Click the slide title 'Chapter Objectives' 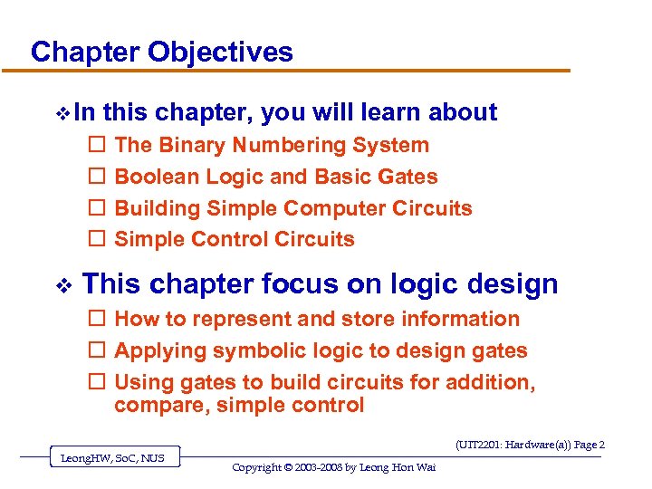coord(162,52)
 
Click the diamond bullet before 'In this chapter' coord(62,113)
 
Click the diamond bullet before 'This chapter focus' coord(62,285)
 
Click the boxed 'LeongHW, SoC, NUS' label coord(112,458)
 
